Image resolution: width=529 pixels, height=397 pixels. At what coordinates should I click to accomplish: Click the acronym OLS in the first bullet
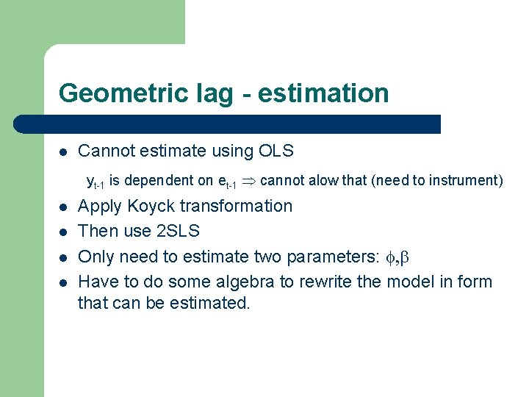[276, 151]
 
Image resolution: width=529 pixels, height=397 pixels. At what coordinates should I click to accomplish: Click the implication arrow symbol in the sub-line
[250, 181]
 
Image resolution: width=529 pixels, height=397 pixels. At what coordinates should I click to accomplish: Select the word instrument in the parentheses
[471, 180]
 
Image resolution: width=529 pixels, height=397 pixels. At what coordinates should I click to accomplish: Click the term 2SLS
[179, 231]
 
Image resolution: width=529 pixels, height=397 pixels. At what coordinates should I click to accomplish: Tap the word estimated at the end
[213, 302]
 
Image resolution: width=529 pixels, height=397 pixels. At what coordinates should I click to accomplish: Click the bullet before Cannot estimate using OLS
[64, 152]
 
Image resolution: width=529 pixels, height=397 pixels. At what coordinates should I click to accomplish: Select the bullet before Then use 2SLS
[64, 232]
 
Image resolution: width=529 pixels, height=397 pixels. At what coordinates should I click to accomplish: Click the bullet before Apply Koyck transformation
[64, 207]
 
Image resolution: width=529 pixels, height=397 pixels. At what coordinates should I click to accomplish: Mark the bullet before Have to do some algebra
[64, 282]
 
